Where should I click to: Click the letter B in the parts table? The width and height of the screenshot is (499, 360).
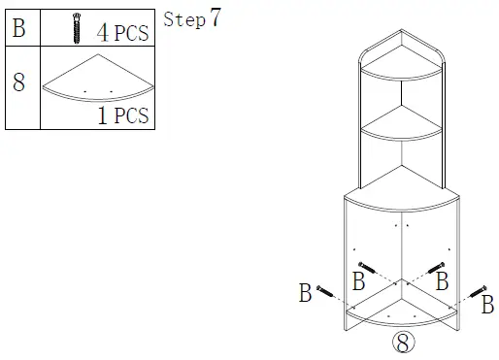pos(18,28)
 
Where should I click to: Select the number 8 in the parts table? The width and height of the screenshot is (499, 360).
pos(18,81)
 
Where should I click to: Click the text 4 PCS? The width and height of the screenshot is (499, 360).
pos(122,31)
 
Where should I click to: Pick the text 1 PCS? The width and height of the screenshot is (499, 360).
pos(122,115)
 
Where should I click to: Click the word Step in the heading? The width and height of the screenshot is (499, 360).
pos(184,19)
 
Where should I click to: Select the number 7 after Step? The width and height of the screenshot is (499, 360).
pos(215,17)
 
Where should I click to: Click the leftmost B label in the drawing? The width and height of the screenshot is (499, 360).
pos(305,292)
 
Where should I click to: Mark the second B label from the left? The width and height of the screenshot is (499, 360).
pos(357,282)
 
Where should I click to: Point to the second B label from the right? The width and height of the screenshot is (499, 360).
pos(442,282)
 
